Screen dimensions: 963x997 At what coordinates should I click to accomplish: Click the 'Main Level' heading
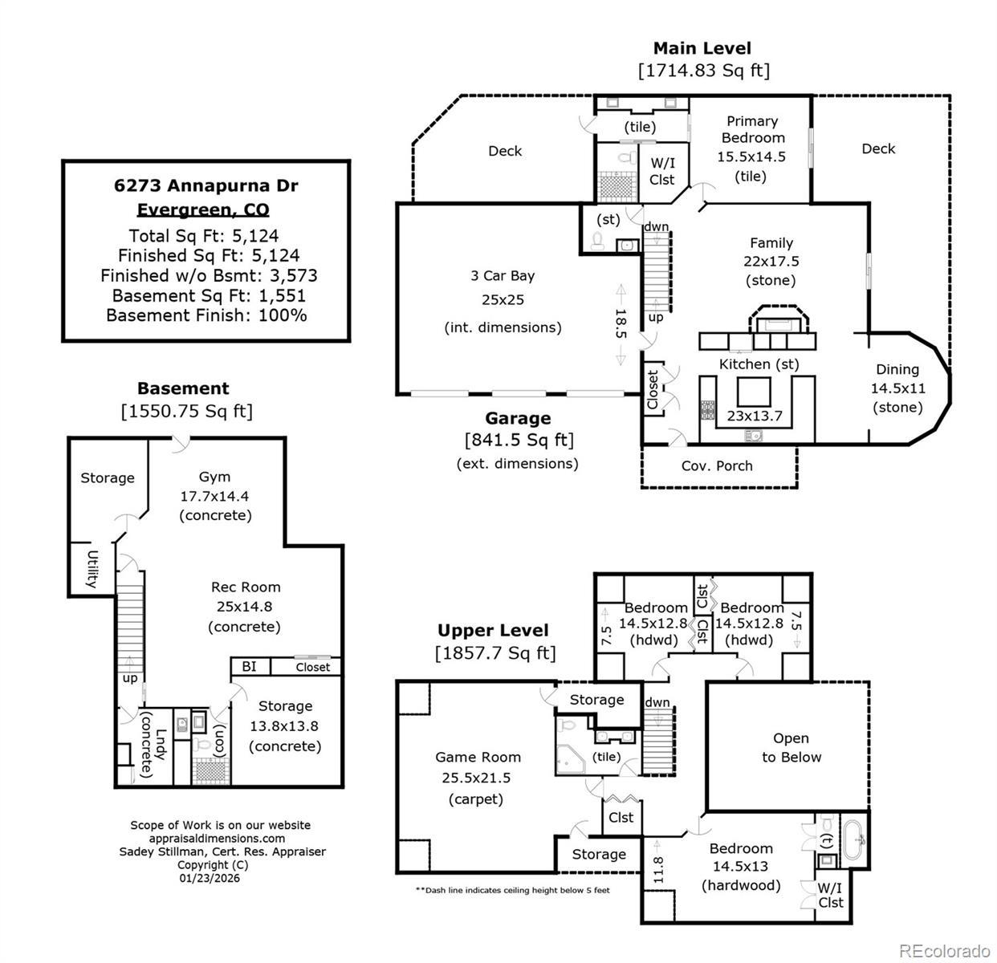[x=702, y=48]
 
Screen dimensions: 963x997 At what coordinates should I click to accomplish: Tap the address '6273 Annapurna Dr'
[x=206, y=185]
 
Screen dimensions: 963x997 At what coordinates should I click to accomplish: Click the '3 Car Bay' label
[x=503, y=275]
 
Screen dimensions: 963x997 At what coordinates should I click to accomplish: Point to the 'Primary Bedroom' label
[x=752, y=129]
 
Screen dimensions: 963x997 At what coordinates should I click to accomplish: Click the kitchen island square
[x=753, y=392]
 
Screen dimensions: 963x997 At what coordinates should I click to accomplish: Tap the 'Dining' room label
[x=897, y=369]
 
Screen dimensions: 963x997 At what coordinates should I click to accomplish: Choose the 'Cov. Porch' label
[x=717, y=465]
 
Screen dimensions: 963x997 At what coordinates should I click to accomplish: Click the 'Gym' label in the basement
[x=214, y=477]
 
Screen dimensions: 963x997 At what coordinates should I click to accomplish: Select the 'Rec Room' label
[x=246, y=587]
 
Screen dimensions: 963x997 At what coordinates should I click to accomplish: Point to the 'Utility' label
[x=92, y=569]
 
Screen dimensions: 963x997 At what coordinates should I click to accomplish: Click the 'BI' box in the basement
[x=249, y=666]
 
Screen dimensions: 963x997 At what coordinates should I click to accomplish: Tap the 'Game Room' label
[x=478, y=757]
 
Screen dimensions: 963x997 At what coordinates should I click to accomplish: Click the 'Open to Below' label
[x=791, y=747]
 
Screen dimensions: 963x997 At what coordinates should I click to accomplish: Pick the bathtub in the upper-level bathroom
[x=854, y=839]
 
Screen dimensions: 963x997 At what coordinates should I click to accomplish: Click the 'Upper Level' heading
[x=493, y=631]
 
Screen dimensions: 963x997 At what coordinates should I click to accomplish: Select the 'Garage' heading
[x=518, y=418]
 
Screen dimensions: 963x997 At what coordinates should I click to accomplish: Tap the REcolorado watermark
[x=944, y=951]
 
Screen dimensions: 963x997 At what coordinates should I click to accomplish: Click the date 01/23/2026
[x=210, y=877]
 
